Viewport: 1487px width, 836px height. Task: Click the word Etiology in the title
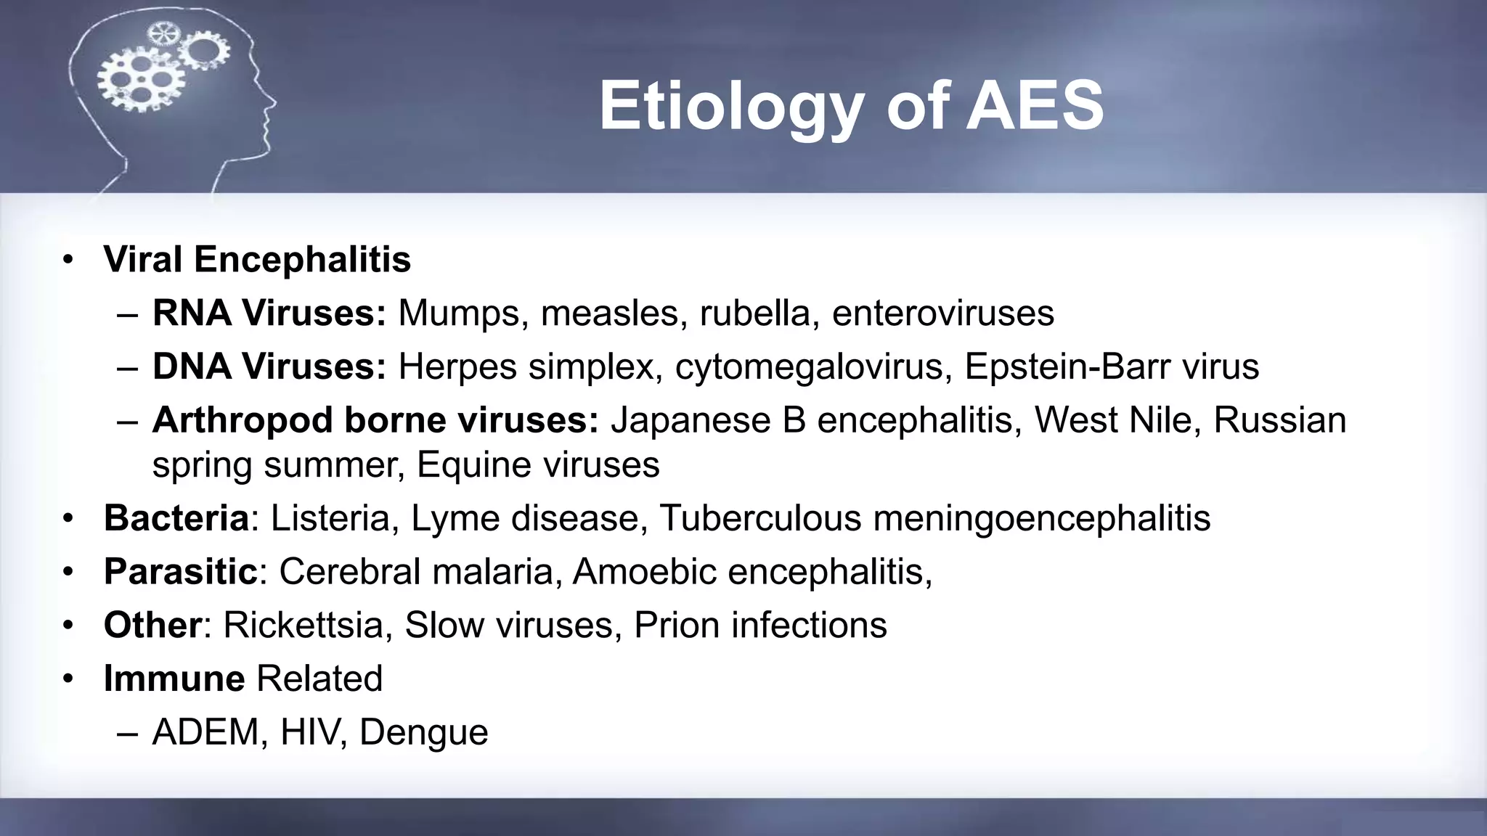pyautogui.click(x=730, y=107)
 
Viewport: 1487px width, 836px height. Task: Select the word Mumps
pyautogui.click(x=459, y=313)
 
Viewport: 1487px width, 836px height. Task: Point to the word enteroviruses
pyautogui.click(x=942, y=313)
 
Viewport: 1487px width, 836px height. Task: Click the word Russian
pyautogui.click(x=1279, y=420)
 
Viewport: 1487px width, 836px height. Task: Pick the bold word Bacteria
pyautogui.click(x=176, y=518)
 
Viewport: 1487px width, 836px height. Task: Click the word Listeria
pyautogui.click(x=330, y=518)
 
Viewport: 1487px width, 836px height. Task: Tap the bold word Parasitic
pyautogui.click(x=181, y=572)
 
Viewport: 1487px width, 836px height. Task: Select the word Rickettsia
pyautogui.click(x=303, y=625)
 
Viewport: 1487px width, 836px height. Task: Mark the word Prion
pyautogui.click(x=676, y=625)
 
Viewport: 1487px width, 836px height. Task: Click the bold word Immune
pyautogui.click(x=174, y=679)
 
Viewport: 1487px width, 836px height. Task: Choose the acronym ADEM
pyautogui.click(x=205, y=732)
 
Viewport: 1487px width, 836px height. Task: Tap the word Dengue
pyautogui.click(x=423, y=732)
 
